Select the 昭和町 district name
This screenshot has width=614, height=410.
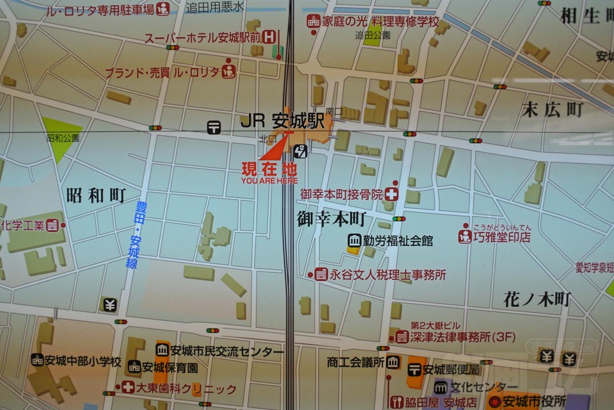click(95, 196)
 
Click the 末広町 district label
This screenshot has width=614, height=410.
click(553, 110)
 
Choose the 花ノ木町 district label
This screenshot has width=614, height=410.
click(537, 299)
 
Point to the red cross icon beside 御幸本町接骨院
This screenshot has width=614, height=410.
click(393, 193)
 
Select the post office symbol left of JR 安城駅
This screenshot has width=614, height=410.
click(214, 127)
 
